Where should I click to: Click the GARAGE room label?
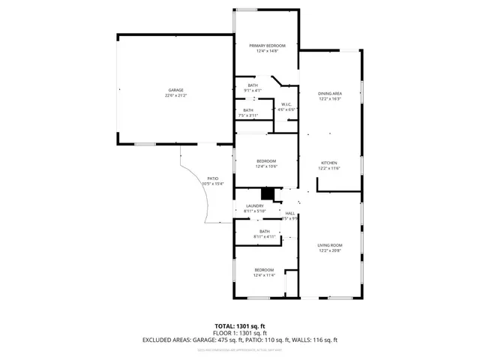pyautogui.click(x=175, y=90)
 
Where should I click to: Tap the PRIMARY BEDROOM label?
pyautogui.click(x=268, y=46)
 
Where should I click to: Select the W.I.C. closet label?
pyautogui.click(x=286, y=104)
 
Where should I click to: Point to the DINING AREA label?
pyautogui.click(x=330, y=93)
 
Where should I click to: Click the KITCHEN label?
pyautogui.click(x=330, y=163)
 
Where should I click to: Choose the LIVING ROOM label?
pyautogui.click(x=330, y=245)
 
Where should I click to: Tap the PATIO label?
pyautogui.click(x=213, y=178)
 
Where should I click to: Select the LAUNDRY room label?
pyautogui.click(x=255, y=206)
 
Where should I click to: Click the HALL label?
pyautogui.click(x=289, y=214)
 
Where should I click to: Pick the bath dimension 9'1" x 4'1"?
pyautogui.click(x=253, y=91)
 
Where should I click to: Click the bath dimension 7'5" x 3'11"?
pyautogui.click(x=248, y=115)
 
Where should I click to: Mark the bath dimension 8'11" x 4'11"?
pyautogui.click(x=265, y=237)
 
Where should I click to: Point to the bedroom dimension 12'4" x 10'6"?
pyautogui.click(x=266, y=166)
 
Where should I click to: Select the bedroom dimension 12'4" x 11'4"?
pyautogui.click(x=264, y=275)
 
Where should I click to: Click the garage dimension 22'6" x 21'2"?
pyautogui.click(x=175, y=95)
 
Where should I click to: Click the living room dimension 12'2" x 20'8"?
pyautogui.click(x=330, y=250)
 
